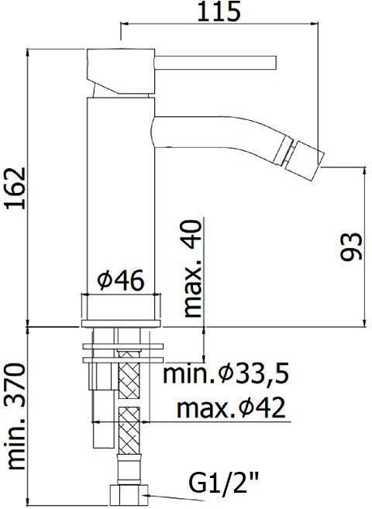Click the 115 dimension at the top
(x=219, y=12)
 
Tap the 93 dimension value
(x=350, y=246)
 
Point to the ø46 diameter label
(x=122, y=280)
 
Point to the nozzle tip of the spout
(x=312, y=151)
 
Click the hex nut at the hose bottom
(x=126, y=492)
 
